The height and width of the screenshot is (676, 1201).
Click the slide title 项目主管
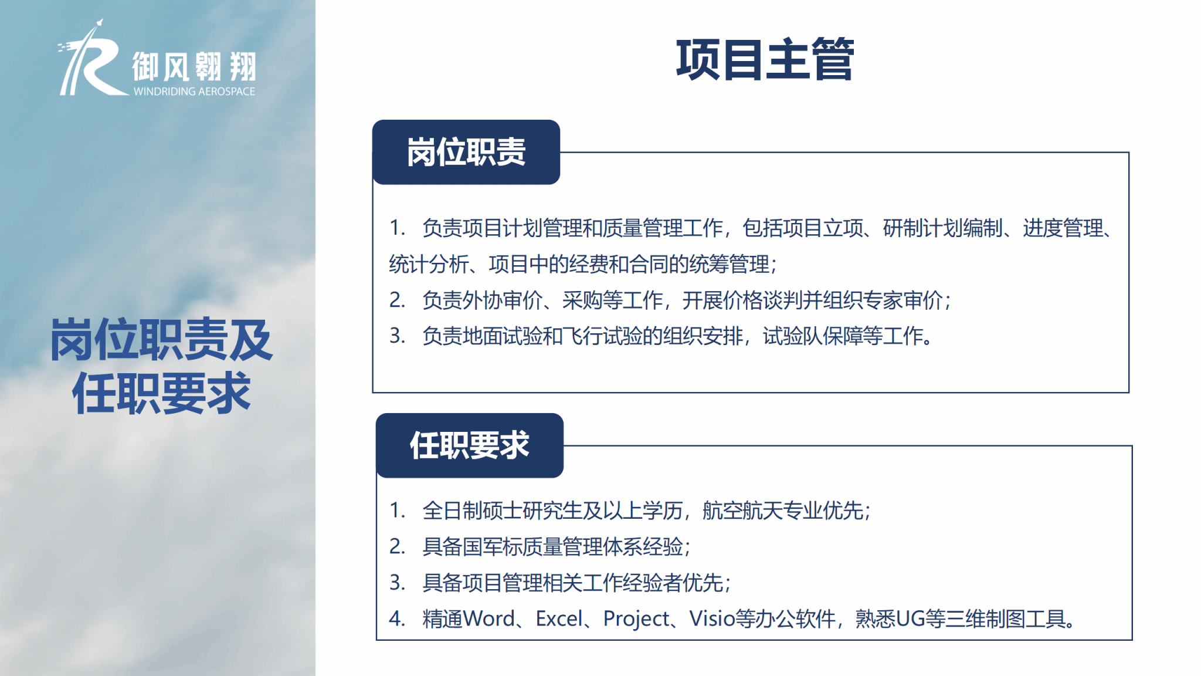click(x=765, y=59)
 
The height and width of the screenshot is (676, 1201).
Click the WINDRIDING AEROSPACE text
click(x=194, y=92)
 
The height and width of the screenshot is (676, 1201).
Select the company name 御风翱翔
click(x=194, y=66)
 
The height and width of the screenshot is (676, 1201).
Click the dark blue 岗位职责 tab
click(x=466, y=152)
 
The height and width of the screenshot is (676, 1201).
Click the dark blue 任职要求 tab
click(x=470, y=445)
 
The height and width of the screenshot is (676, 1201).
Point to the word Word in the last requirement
click(x=489, y=618)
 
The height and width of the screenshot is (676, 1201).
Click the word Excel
click(x=559, y=618)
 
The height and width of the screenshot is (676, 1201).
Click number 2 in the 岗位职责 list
click(x=397, y=300)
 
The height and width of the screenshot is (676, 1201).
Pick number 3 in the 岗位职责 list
click(x=397, y=336)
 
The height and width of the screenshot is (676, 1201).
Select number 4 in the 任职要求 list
click(x=397, y=618)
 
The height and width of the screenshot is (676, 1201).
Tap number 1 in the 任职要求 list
click(x=397, y=511)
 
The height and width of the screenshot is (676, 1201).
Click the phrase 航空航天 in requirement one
click(x=742, y=511)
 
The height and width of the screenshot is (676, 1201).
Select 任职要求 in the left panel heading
click(x=161, y=393)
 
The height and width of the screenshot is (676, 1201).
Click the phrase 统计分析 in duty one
click(x=429, y=264)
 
